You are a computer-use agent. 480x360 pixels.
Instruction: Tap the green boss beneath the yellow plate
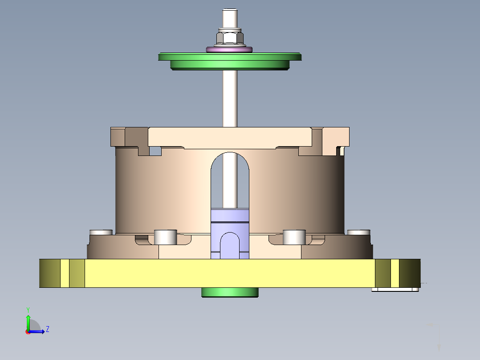click(x=230, y=292)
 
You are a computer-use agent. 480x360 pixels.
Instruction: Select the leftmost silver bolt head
click(x=101, y=232)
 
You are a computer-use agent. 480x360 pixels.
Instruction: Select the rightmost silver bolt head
click(x=359, y=232)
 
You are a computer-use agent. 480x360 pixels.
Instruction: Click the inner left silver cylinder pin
click(x=165, y=237)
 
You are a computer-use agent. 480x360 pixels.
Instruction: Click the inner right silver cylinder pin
click(x=294, y=237)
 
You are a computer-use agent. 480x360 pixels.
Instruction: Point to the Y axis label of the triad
click(x=28, y=309)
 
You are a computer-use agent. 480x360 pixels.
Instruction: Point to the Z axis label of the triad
click(x=47, y=329)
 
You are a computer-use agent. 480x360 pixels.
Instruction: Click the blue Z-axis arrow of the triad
click(x=39, y=331)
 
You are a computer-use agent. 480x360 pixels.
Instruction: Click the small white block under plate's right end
click(x=395, y=290)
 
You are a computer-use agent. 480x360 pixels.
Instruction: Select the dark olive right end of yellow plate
click(x=409, y=273)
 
